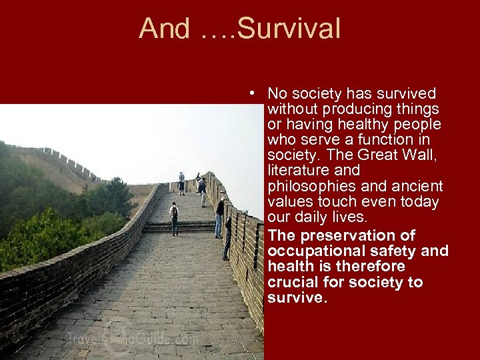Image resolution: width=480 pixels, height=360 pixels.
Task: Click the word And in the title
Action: click(164, 29)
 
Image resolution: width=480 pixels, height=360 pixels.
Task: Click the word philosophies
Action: click(309, 186)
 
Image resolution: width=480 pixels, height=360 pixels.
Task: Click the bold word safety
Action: click(400, 251)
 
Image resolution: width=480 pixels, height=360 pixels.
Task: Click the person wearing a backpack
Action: click(174, 217)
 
